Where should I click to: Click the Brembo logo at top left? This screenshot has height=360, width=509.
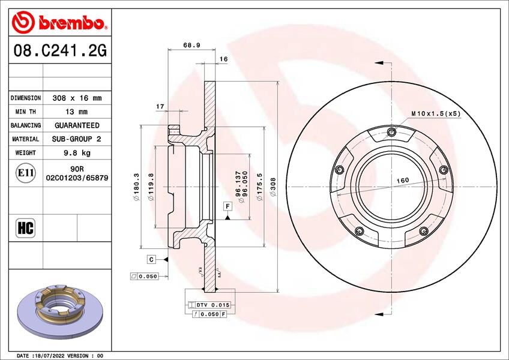tap(59, 22)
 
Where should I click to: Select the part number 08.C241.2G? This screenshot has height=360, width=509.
tap(59, 52)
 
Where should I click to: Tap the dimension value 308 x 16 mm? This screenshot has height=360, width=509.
tap(77, 98)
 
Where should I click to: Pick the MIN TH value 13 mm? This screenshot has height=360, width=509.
tap(77, 112)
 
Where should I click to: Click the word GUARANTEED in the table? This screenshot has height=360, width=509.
tap(77, 125)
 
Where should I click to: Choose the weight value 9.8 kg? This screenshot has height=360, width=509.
tap(77, 153)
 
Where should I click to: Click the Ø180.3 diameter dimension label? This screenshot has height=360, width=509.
tap(136, 187)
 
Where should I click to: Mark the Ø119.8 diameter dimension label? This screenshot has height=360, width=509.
tap(151, 187)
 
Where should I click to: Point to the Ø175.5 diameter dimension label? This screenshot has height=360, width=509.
tap(259, 187)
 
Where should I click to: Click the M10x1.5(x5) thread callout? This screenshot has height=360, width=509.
tap(435, 113)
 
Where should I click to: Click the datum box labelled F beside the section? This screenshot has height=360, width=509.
tap(227, 206)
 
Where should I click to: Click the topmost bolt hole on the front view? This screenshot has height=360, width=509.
tap(392, 133)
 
